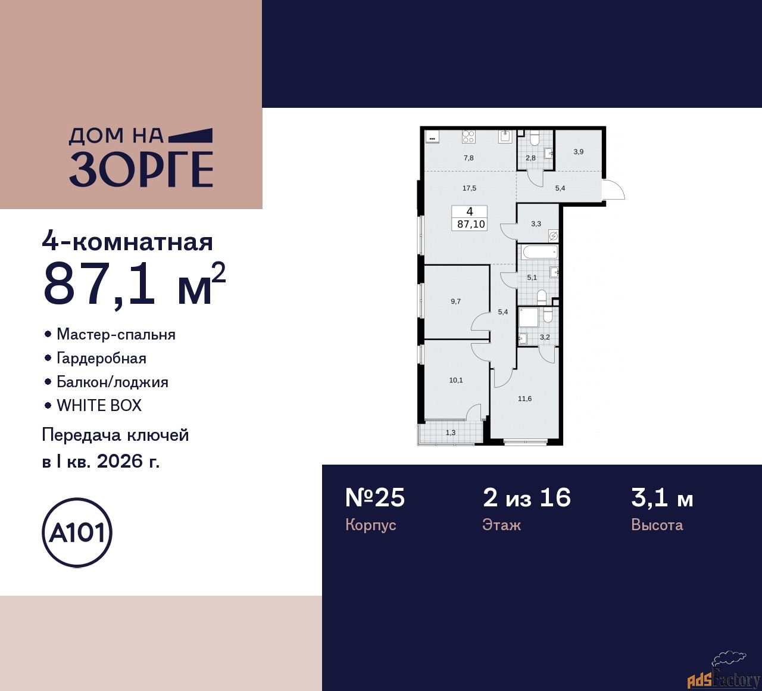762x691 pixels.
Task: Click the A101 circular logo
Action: [x=77, y=533]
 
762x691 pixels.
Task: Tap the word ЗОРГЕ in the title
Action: [x=141, y=169]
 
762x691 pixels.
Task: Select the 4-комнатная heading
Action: [x=127, y=242]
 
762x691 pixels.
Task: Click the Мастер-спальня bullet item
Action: [x=115, y=334]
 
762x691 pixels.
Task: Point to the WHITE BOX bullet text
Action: [x=99, y=406]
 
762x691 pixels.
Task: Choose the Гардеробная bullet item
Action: [x=101, y=358]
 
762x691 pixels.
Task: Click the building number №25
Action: [x=375, y=497]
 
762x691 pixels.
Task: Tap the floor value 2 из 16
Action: [x=527, y=497]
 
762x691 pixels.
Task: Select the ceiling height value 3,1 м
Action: [x=662, y=497]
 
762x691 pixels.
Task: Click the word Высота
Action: [x=657, y=525]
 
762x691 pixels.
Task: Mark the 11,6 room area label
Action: [x=524, y=399]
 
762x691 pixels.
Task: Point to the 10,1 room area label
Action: [x=456, y=380]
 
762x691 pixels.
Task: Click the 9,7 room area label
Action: [x=455, y=301]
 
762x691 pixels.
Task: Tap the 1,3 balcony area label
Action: [x=451, y=432]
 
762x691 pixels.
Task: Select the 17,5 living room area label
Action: [x=469, y=188]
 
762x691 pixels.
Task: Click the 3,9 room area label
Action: [x=579, y=152]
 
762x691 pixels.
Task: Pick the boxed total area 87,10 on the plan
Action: [x=471, y=225]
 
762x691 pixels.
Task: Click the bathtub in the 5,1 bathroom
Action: [x=538, y=253]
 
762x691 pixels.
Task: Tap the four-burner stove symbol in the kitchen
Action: [x=469, y=137]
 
